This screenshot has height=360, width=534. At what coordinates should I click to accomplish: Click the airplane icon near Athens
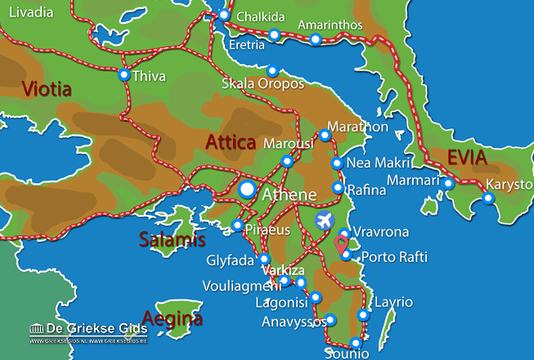[x=324, y=221]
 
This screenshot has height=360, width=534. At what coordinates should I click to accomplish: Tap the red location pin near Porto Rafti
[x=342, y=243]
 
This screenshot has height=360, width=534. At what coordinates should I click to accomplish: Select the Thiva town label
[x=150, y=76]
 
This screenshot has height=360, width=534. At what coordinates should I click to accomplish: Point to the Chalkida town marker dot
[x=224, y=16]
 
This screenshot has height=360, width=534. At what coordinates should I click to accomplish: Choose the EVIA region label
[x=466, y=158]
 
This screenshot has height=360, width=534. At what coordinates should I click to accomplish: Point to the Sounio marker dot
[x=355, y=343]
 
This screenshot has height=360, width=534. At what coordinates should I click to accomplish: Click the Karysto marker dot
[x=488, y=198]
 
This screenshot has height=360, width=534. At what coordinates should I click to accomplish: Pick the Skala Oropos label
[x=263, y=84]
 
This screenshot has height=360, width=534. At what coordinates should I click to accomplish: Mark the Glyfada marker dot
[x=264, y=259]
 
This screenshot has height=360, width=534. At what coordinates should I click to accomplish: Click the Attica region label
[x=231, y=143]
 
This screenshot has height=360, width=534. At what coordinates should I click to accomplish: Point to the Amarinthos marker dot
[x=316, y=39]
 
